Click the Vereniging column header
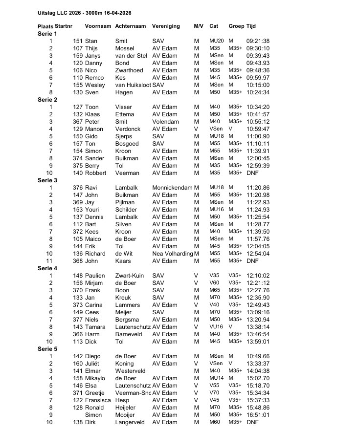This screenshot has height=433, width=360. (x=166, y=26)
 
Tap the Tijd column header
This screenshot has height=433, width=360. (x=251, y=26)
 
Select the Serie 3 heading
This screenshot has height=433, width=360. (x=47, y=180)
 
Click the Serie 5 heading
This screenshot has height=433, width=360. (x=47, y=349)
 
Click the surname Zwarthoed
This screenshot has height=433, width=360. (x=130, y=70)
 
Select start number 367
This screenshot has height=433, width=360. (x=78, y=122)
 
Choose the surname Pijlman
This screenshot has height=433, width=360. (x=126, y=202)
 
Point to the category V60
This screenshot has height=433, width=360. (x=214, y=283)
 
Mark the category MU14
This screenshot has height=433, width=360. (x=216, y=378)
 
